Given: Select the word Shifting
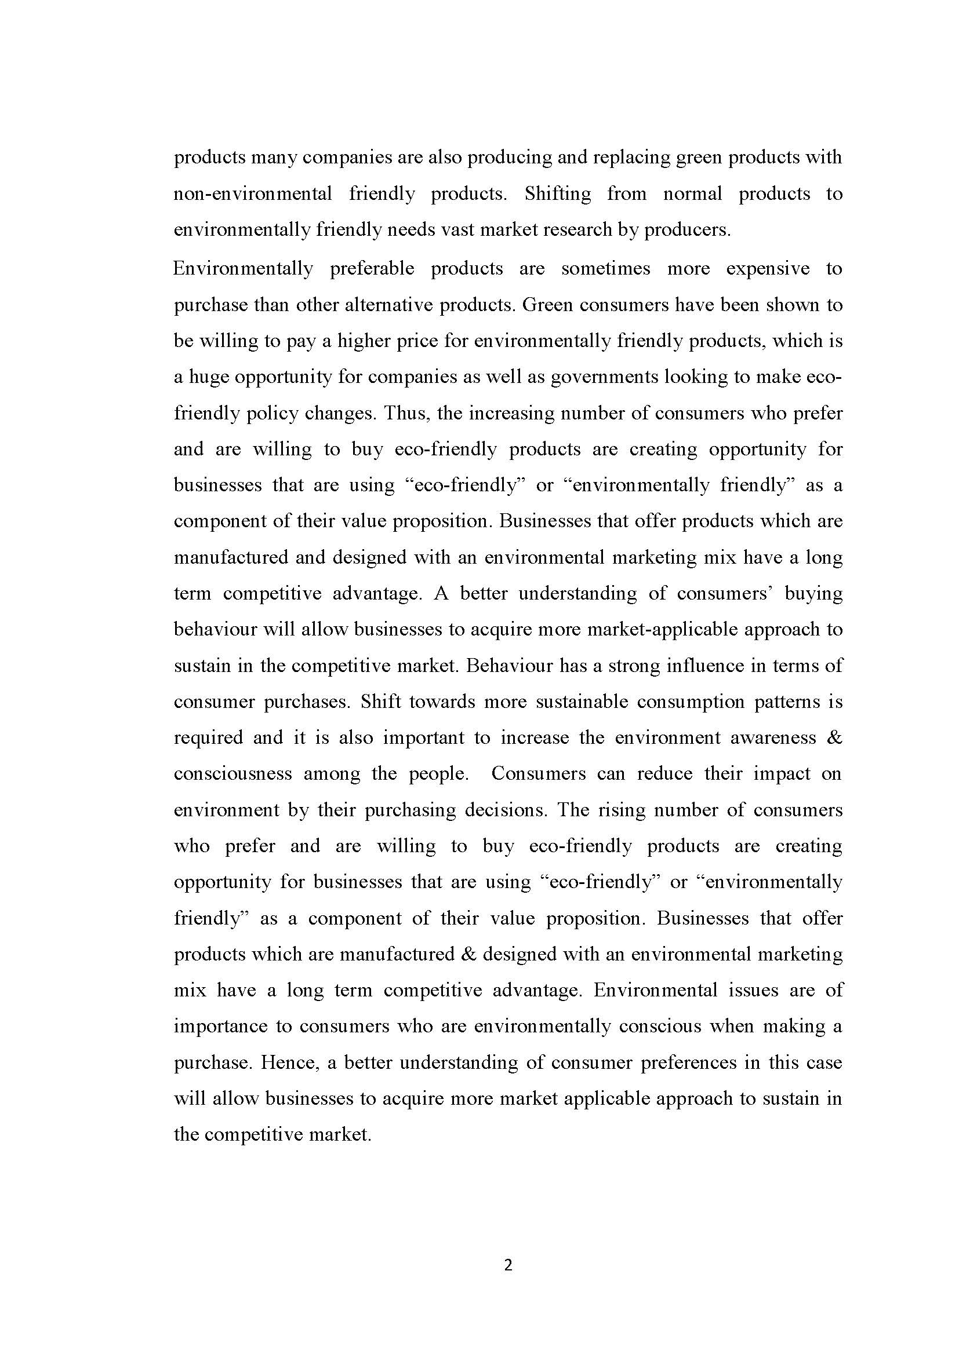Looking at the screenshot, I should (x=557, y=193).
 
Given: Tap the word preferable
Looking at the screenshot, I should (x=372, y=269).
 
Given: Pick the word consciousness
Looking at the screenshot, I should (x=233, y=774).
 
